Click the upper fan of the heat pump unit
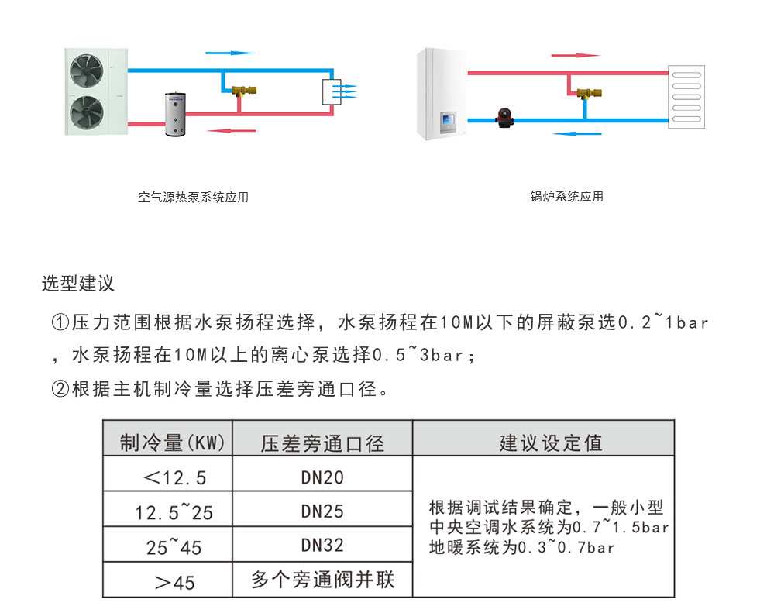tap(87, 71)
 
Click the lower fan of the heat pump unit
tap(87, 112)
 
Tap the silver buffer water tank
tap(176, 114)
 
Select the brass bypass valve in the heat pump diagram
tap(243, 91)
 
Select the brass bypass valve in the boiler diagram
tap(589, 93)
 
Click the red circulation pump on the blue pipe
tap(505, 118)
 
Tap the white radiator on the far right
tap(686, 97)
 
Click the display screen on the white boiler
tap(448, 119)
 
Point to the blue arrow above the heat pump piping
tap(230, 53)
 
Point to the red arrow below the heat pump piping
tap(231, 131)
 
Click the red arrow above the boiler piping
tap(576, 55)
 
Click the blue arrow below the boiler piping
tap(576, 133)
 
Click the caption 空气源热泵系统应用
tap(193, 197)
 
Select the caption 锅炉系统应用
tap(567, 197)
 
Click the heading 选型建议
tap(78, 284)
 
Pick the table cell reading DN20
tap(322, 477)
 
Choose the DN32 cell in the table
tap(322, 545)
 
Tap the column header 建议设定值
tap(551, 443)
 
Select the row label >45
tap(174, 583)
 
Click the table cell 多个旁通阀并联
tap(323, 580)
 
